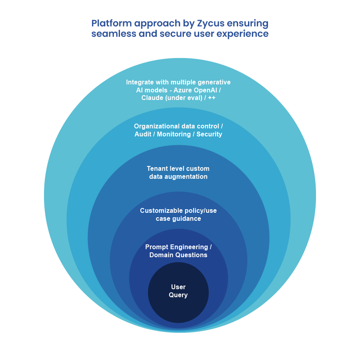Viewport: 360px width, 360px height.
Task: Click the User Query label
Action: (x=178, y=291)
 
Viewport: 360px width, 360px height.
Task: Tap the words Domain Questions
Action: (x=178, y=255)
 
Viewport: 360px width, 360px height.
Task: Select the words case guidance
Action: (x=178, y=218)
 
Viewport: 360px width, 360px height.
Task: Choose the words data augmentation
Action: (x=178, y=176)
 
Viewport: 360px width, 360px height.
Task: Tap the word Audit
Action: (x=143, y=134)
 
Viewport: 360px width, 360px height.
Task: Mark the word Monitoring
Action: (x=173, y=134)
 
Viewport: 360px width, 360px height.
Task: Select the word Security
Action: (x=209, y=134)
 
